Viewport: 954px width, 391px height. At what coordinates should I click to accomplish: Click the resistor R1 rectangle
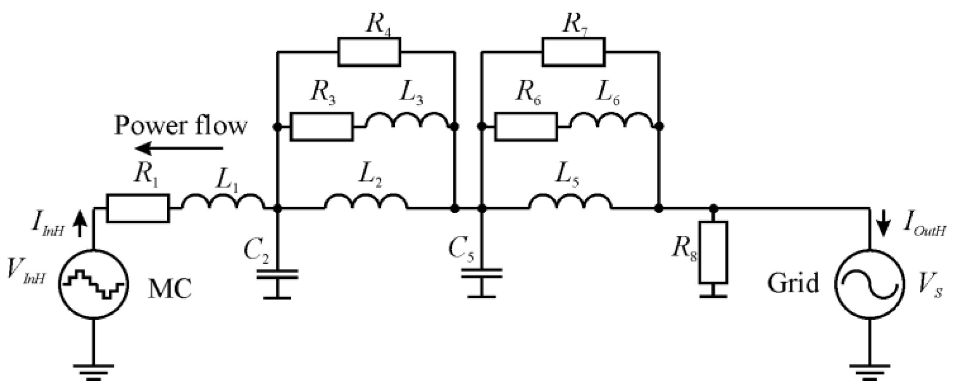(x=138, y=208)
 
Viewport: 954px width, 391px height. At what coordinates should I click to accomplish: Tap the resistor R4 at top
(x=369, y=52)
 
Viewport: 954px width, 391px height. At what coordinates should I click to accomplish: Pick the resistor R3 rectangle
(x=322, y=126)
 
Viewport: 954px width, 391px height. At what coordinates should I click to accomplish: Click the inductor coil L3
(x=407, y=121)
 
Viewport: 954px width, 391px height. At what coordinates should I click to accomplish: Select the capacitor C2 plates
(x=277, y=274)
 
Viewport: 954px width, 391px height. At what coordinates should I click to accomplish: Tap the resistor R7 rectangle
(x=573, y=52)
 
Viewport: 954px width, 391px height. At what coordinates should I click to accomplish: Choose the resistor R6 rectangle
(x=526, y=126)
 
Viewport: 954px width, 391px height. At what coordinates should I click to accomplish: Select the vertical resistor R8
(x=713, y=252)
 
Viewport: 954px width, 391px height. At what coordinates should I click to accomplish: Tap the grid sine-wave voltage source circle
(x=870, y=284)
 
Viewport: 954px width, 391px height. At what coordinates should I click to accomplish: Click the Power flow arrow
(x=179, y=148)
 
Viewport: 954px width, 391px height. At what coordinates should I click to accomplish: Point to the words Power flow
(x=180, y=126)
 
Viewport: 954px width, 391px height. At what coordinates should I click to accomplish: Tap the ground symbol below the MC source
(x=94, y=371)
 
